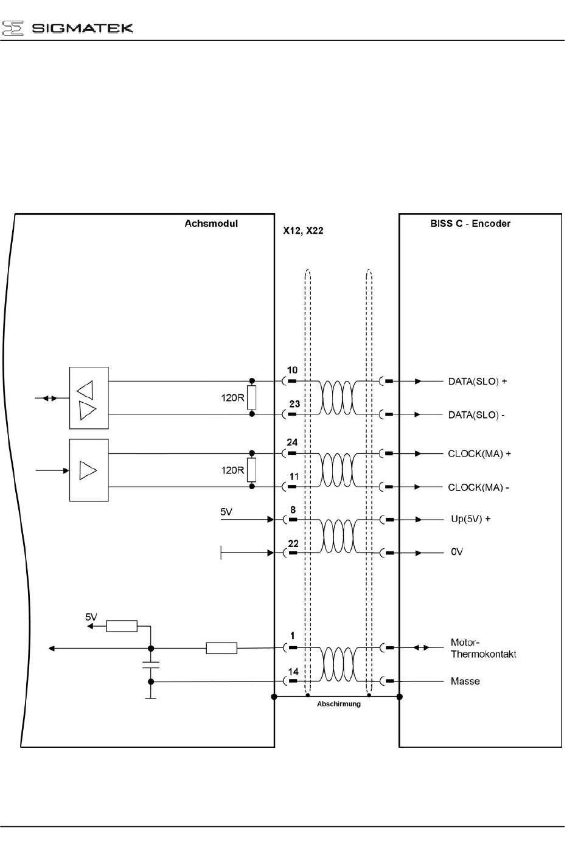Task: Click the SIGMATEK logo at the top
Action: tap(68, 28)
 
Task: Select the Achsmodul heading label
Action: tap(211, 223)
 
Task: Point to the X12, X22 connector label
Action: tap(303, 231)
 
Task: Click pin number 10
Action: tap(292, 370)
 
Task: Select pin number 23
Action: tap(294, 404)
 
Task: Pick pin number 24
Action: tap(292, 442)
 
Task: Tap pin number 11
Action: tap(294, 476)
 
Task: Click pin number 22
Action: tap(293, 543)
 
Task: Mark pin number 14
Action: tap(293, 672)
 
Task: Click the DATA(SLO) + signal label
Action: tap(477, 382)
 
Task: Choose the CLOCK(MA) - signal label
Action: tap(478, 487)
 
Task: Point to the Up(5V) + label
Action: tap(470, 519)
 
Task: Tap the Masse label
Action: tap(465, 681)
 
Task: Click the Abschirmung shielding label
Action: tap(338, 704)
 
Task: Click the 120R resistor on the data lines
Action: tap(252, 398)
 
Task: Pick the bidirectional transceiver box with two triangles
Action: tap(89, 399)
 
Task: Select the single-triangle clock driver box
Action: tap(89, 470)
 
